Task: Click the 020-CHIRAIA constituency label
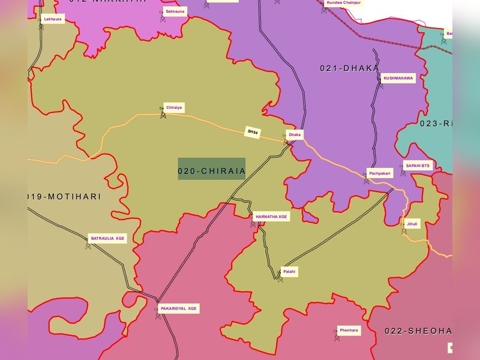click(212, 171)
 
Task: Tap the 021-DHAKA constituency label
click(349, 68)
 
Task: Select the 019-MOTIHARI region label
click(64, 197)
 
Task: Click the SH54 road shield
click(253, 132)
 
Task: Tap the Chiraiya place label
click(175, 107)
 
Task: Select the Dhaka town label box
click(295, 134)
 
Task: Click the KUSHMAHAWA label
click(398, 78)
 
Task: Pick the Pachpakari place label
click(380, 173)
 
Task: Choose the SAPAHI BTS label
click(418, 165)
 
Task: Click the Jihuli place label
click(412, 224)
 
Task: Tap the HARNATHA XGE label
click(271, 217)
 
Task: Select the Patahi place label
click(289, 272)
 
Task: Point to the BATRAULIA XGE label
click(108, 238)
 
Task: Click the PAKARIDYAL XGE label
click(178, 308)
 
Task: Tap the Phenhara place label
click(349, 330)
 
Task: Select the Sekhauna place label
click(175, 11)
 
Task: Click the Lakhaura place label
click(53, 19)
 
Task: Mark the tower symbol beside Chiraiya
click(163, 114)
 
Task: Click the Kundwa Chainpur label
click(343, 3)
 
